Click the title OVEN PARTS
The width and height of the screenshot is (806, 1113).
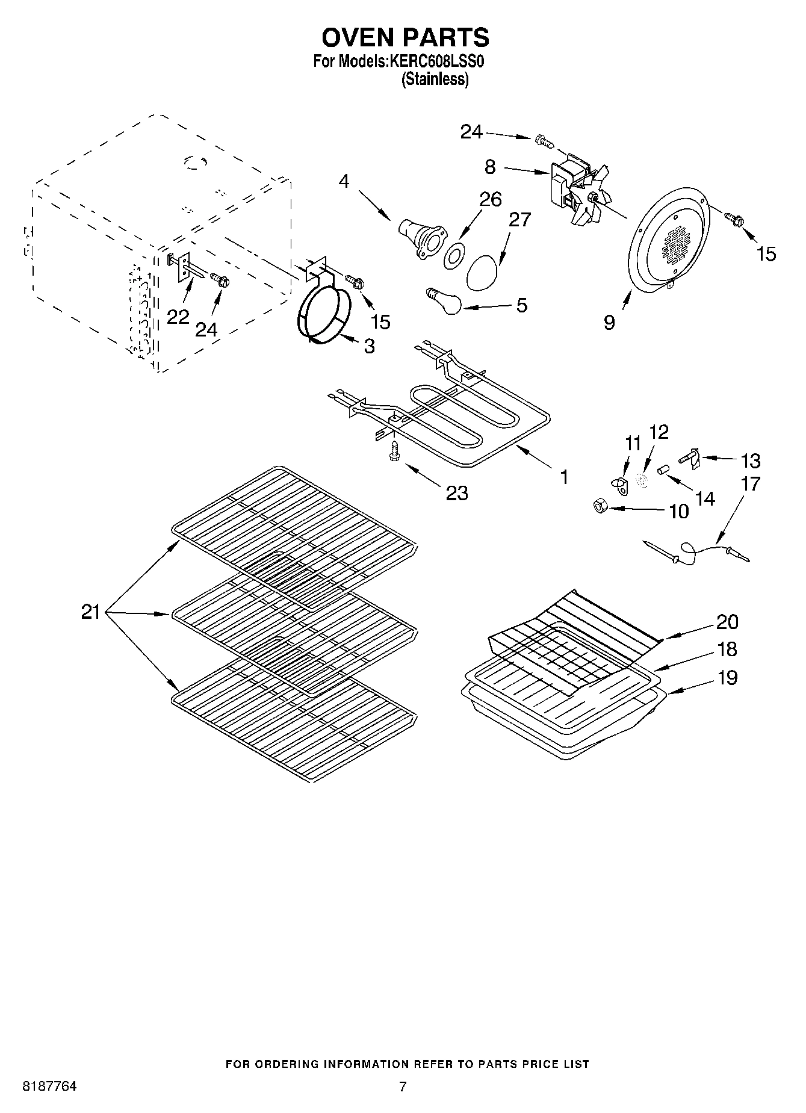click(x=405, y=37)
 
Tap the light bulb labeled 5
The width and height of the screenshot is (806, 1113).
click(x=446, y=301)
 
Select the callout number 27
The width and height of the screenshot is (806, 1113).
click(x=519, y=220)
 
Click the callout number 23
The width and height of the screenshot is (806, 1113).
click(x=457, y=493)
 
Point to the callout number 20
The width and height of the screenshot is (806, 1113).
click(x=727, y=621)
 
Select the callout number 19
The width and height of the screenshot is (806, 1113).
click(x=727, y=678)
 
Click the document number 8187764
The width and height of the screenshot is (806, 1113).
click(x=49, y=1087)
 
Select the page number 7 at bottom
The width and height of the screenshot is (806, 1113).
click(x=403, y=1087)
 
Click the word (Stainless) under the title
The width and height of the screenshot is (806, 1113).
click(x=435, y=79)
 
